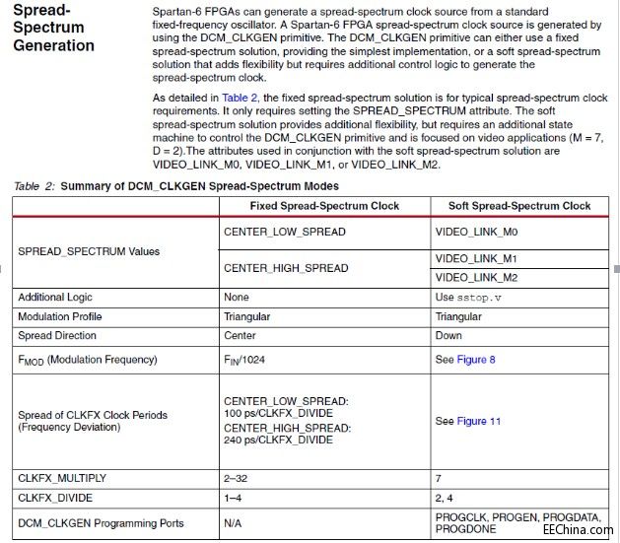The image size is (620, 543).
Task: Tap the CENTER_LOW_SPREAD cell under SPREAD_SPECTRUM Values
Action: tap(286, 232)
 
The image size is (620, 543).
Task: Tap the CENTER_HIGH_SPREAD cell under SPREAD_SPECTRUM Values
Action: tap(286, 268)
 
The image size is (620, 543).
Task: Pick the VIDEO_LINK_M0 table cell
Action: tap(476, 232)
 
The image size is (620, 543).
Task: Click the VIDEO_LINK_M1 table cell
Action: tap(476, 258)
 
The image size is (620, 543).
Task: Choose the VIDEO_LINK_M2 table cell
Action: tap(476, 277)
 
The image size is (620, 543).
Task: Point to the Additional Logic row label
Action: tap(58, 297)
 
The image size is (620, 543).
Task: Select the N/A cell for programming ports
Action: tap(234, 523)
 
